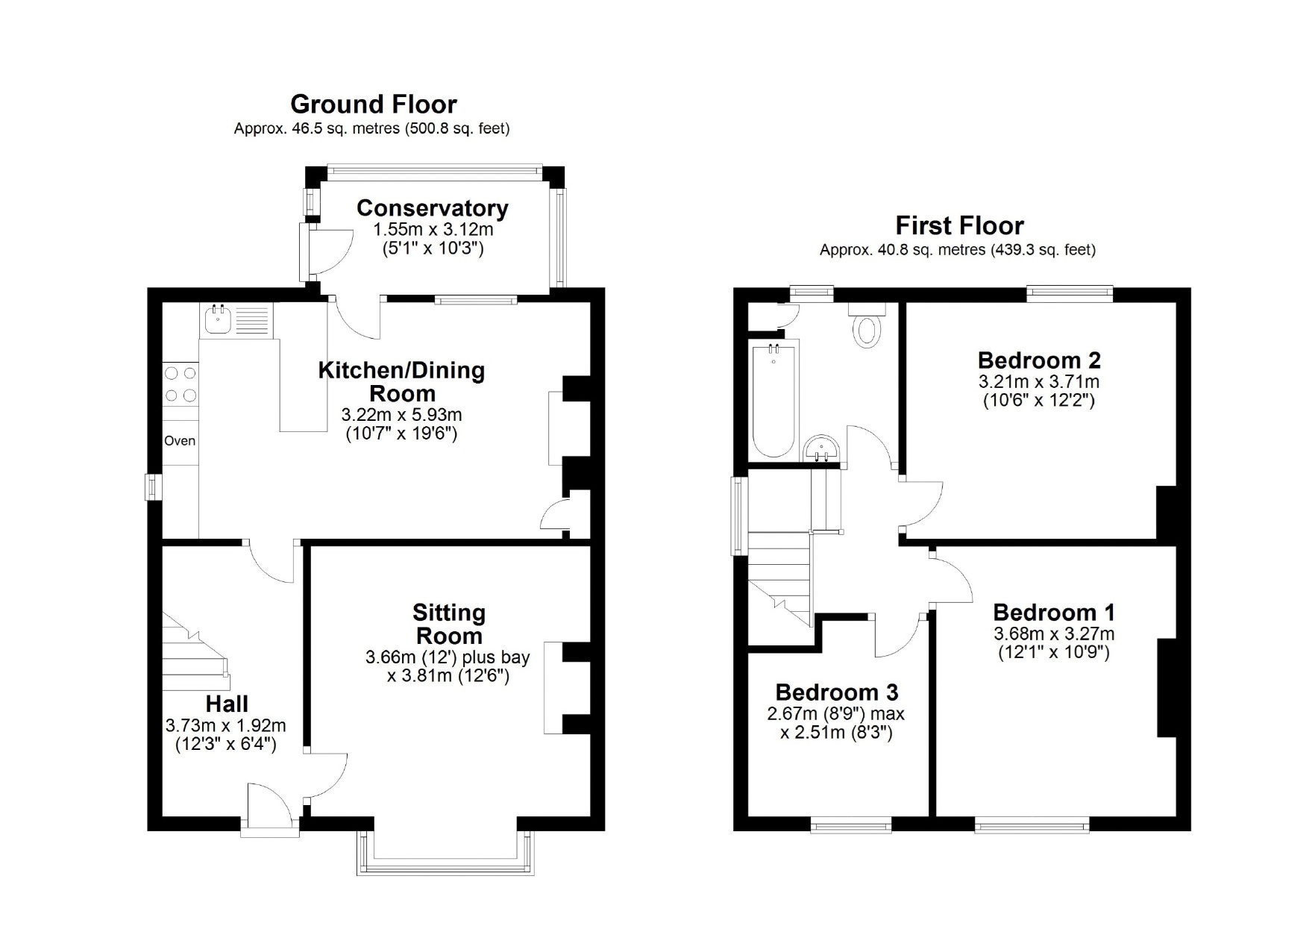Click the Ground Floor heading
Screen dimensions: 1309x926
tap(373, 104)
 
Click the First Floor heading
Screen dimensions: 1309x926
tap(959, 225)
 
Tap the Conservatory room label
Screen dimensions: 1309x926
tap(433, 208)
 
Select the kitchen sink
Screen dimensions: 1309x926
tap(219, 319)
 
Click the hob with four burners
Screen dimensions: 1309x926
tap(181, 384)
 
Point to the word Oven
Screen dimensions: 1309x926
tap(180, 441)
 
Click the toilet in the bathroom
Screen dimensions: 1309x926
tap(867, 325)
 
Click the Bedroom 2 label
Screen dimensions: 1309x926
tap(1039, 360)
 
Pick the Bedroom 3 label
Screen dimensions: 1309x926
tap(837, 693)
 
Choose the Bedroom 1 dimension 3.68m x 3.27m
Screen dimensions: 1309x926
tap(1054, 634)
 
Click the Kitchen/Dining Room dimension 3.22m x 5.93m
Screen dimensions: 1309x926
tap(401, 415)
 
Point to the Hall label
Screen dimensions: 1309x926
tap(227, 704)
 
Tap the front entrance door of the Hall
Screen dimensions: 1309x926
tap(270, 810)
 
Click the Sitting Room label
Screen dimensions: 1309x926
tap(449, 625)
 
